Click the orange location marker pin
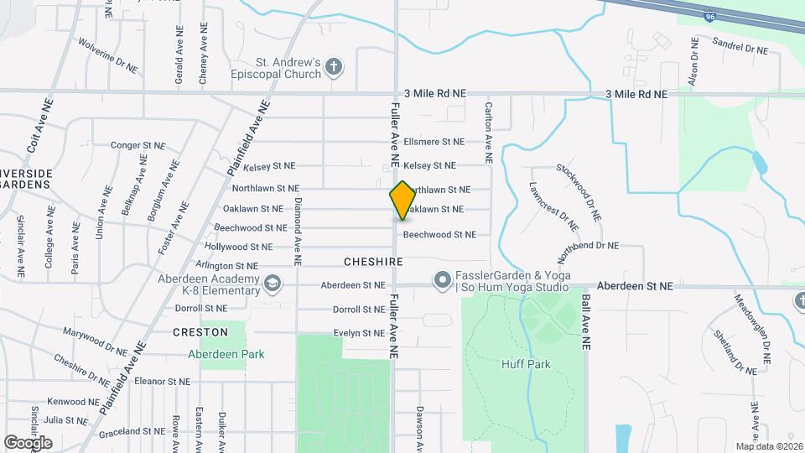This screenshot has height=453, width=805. tap(402, 200)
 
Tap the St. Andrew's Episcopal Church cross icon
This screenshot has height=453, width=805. tap(334, 67)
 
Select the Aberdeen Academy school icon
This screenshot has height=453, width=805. tap(272, 284)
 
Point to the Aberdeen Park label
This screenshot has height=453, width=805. tap(226, 354)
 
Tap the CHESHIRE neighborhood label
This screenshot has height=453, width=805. tap(373, 263)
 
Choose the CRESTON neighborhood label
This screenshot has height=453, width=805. tap(200, 332)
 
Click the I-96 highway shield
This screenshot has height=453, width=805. tap(687, 14)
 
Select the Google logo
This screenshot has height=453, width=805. tap(28, 442)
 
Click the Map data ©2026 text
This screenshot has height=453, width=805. tap(768, 446)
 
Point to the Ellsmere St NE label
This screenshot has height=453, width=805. tap(434, 142)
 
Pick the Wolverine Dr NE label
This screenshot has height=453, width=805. tap(107, 54)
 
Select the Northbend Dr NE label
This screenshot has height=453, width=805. tap(589, 246)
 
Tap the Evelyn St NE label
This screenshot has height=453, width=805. tap(358, 333)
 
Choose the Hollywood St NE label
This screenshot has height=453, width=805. tap(243, 247)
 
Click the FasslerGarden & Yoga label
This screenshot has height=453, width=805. tap(512, 276)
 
